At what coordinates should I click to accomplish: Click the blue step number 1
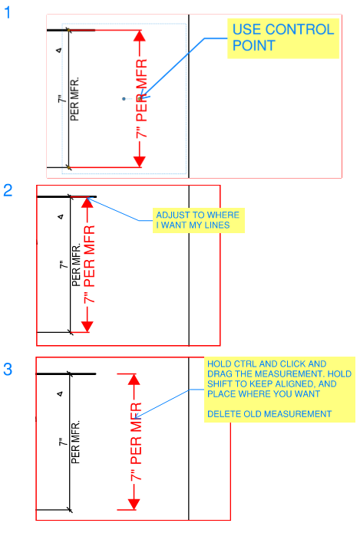8,13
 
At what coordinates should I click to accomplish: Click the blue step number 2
8,190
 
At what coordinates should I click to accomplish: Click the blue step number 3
8,369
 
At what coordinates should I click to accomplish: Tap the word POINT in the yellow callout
254,45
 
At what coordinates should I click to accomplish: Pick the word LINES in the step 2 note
216,225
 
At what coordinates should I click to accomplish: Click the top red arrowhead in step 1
140,36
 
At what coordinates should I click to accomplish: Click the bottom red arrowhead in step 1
140,162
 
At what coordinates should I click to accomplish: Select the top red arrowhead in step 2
88,202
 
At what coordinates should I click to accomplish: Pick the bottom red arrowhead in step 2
88,327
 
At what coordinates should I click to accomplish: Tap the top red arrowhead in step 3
134,380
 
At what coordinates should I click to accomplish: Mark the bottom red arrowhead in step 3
134,505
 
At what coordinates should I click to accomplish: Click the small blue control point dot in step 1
124,99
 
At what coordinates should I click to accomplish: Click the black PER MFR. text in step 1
74,99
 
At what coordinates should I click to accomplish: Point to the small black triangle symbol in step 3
60,394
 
